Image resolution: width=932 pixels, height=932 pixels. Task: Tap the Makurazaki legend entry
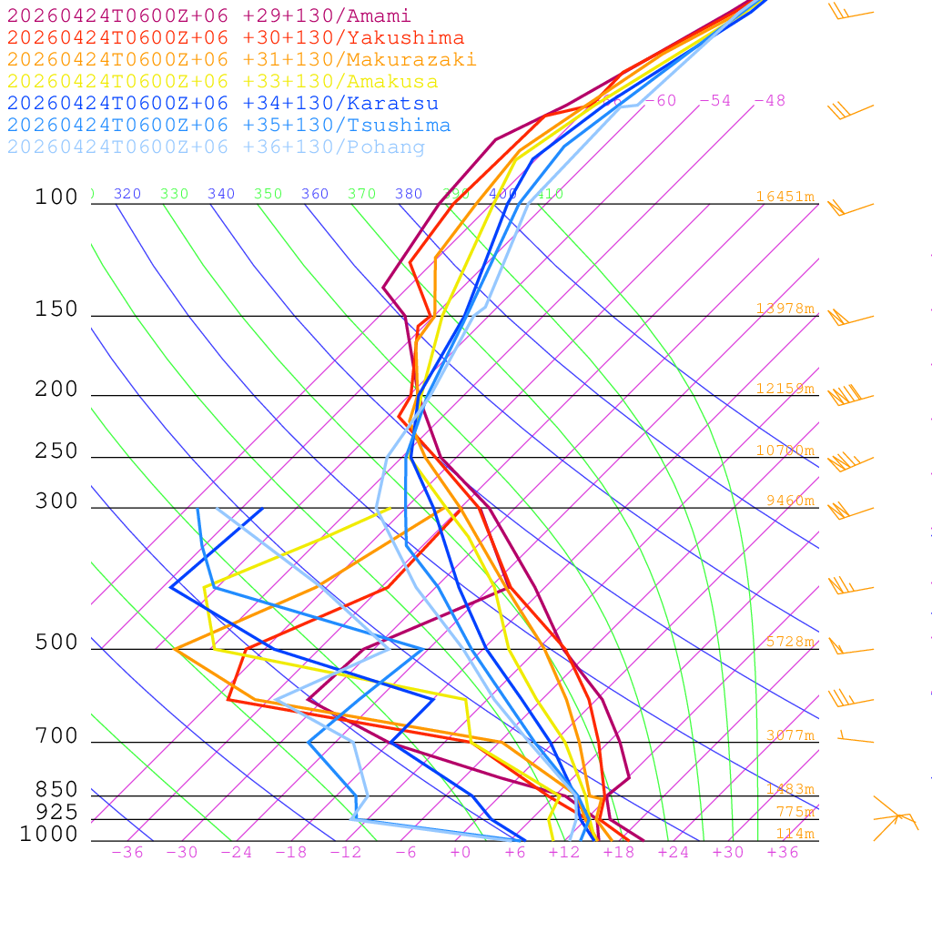coord(242,60)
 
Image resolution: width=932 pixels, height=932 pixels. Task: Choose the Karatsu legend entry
coord(223,104)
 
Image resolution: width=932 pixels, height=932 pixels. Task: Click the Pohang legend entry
coord(217,147)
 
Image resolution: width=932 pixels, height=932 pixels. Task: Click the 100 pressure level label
coord(56,198)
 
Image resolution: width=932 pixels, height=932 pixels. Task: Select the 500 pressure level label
coord(56,643)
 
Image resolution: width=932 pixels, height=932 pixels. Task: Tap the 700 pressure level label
coord(56,736)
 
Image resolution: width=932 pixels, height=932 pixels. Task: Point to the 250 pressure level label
coord(56,451)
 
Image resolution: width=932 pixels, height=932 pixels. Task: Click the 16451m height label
coord(785,197)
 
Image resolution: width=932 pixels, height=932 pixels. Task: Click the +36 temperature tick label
coord(783,852)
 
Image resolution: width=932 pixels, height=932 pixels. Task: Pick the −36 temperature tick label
coord(127,852)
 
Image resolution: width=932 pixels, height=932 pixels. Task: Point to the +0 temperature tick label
coord(461,852)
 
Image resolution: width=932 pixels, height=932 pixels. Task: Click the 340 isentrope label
coord(221,194)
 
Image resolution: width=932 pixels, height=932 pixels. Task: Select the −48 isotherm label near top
coord(769,101)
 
